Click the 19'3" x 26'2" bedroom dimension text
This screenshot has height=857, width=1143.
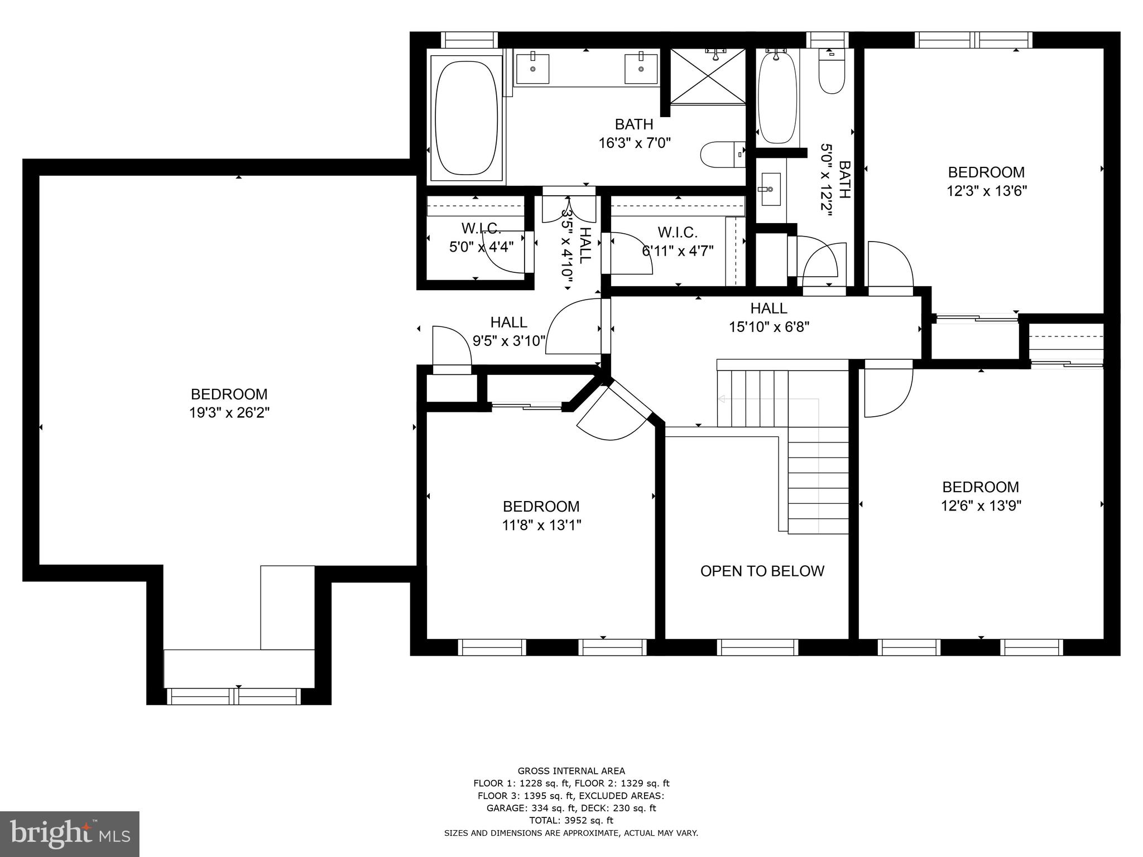pyautogui.click(x=229, y=413)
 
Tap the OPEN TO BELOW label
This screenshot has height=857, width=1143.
pyautogui.click(x=762, y=571)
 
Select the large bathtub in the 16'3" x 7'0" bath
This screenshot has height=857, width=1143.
pyautogui.click(x=465, y=118)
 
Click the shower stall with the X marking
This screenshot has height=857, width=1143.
pyautogui.click(x=708, y=76)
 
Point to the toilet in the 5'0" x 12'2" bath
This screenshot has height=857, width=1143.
pyautogui.click(x=832, y=73)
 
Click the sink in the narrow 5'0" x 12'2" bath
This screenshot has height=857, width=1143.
pyautogui.click(x=771, y=190)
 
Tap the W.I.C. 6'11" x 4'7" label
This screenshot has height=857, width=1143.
pyautogui.click(x=678, y=242)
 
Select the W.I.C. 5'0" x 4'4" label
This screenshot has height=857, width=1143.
pyautogui.click(x=481, y=238)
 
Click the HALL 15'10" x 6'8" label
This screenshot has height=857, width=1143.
pyautogui.click(x=769, y=317)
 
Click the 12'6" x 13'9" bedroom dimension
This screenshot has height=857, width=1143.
pyautogui.click(x=981, y=505)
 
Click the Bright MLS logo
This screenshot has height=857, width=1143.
pyautogui.click(x=70, y=834)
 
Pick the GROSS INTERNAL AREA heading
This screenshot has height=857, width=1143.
pyautogui.click(x=571, y=771)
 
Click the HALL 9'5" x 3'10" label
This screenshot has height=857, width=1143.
pyautogui.click(x=508, y=331)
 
